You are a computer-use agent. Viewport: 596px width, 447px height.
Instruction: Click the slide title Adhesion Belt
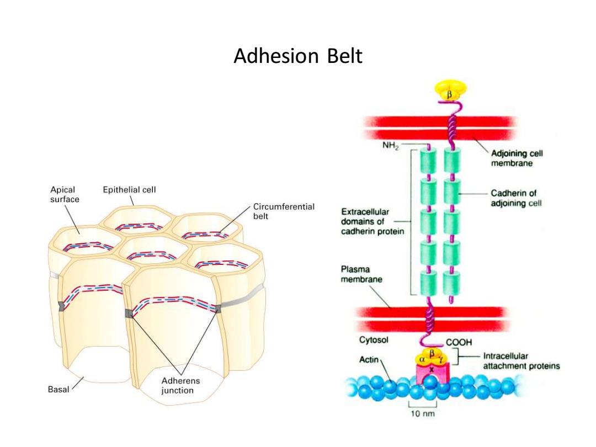click(x=298, y=56)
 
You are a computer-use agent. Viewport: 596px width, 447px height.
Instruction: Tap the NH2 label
click(x=390, y=146)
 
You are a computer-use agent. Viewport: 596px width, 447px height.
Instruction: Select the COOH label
click(x=459, y=342)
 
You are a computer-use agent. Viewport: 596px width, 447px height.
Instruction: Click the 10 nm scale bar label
click(x=423, y=413)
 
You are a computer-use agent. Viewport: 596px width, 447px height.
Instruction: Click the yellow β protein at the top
click(x=450, y=91)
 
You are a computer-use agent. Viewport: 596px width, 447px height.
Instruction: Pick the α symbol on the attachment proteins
click(x=422, y=359)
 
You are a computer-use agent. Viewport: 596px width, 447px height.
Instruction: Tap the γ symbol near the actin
click(x=440, y=359)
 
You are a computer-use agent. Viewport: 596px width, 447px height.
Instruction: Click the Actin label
click(x=369, y=359)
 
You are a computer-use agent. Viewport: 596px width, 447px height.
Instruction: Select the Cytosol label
click(x=374, y=339)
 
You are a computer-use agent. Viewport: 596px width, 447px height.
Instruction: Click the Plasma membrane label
click(x=361, y=274)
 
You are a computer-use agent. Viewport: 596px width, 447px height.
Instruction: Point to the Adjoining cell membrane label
click(x=517, y=158)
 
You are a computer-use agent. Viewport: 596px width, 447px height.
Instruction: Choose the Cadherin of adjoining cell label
click(x=516, y=198)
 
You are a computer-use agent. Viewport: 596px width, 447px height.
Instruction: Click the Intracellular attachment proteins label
click(x=521, y=361)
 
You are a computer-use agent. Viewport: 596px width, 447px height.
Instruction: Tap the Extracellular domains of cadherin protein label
click(x=372, y=222)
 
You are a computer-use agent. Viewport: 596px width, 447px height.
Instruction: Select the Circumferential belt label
click(x=284, y=211)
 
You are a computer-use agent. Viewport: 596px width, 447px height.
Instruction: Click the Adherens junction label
click(x=180, y=385)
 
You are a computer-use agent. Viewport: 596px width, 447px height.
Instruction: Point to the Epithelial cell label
click(x=129, y=190)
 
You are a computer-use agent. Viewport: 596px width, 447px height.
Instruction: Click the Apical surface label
click(x=65, y=194)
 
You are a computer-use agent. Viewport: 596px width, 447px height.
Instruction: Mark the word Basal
click(x=58, y=389)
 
